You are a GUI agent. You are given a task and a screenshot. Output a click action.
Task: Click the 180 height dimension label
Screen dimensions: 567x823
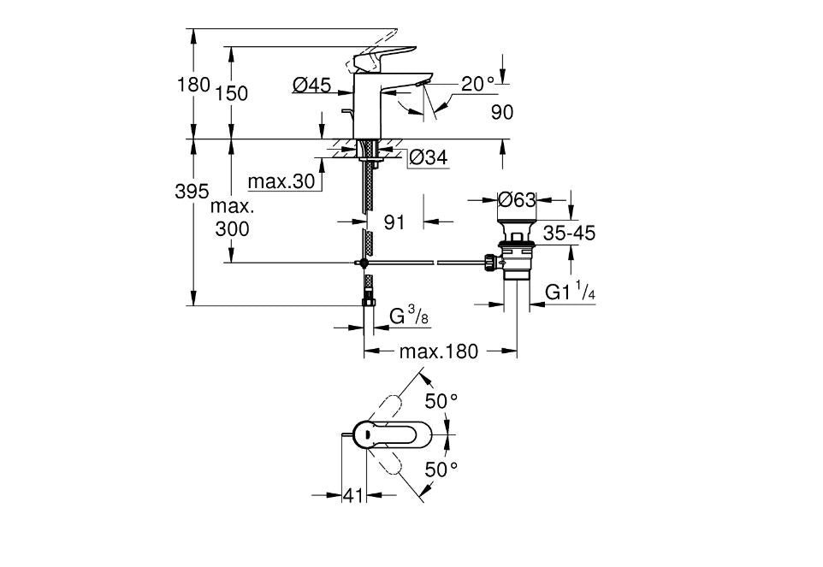(192, 85)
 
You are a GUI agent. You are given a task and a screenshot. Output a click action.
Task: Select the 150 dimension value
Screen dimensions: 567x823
(231, 93)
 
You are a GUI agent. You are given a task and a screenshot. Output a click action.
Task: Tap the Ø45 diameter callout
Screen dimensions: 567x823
(311, 85)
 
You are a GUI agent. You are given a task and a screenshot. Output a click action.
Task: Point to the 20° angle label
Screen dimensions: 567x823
(478, 84)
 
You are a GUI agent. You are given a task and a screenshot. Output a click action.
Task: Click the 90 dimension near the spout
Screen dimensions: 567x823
(502, 111)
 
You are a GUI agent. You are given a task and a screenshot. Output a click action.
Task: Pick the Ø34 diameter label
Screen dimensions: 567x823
(428, 157)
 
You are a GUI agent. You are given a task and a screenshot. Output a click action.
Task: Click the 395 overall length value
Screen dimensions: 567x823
(192, 192)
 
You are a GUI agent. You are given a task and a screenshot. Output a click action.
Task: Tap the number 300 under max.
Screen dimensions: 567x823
(232, 228)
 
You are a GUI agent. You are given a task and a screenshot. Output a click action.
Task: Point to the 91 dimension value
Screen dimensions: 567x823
(394, 222)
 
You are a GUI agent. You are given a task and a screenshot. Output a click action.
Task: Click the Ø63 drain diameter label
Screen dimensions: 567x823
(517, 200)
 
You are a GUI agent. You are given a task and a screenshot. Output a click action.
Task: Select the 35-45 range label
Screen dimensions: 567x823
(568, 233)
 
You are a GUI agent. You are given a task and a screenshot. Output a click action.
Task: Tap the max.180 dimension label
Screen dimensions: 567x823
(439, 351)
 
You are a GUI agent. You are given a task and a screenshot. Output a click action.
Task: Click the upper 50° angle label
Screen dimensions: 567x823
(443, 400)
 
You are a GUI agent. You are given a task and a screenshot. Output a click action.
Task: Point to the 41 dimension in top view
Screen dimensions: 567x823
(352, 495)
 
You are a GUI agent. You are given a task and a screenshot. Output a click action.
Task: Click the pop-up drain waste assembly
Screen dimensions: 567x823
(517, 253)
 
